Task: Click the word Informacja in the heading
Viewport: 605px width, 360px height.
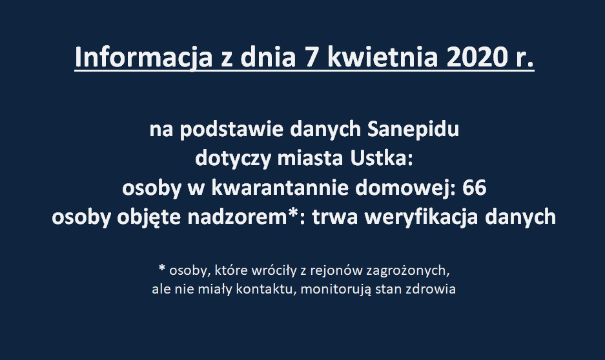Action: tap(143, 57)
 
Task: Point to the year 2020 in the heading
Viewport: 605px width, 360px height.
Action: tap(476, 57)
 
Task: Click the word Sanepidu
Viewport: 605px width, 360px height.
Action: tap(413, 130)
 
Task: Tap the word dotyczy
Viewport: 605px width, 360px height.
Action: tap(233, 159)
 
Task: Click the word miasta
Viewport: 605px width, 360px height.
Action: tap(310, 159)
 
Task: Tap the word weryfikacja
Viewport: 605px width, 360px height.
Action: tap(422, 217)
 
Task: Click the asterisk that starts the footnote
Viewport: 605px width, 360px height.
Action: tap(162, 268)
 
